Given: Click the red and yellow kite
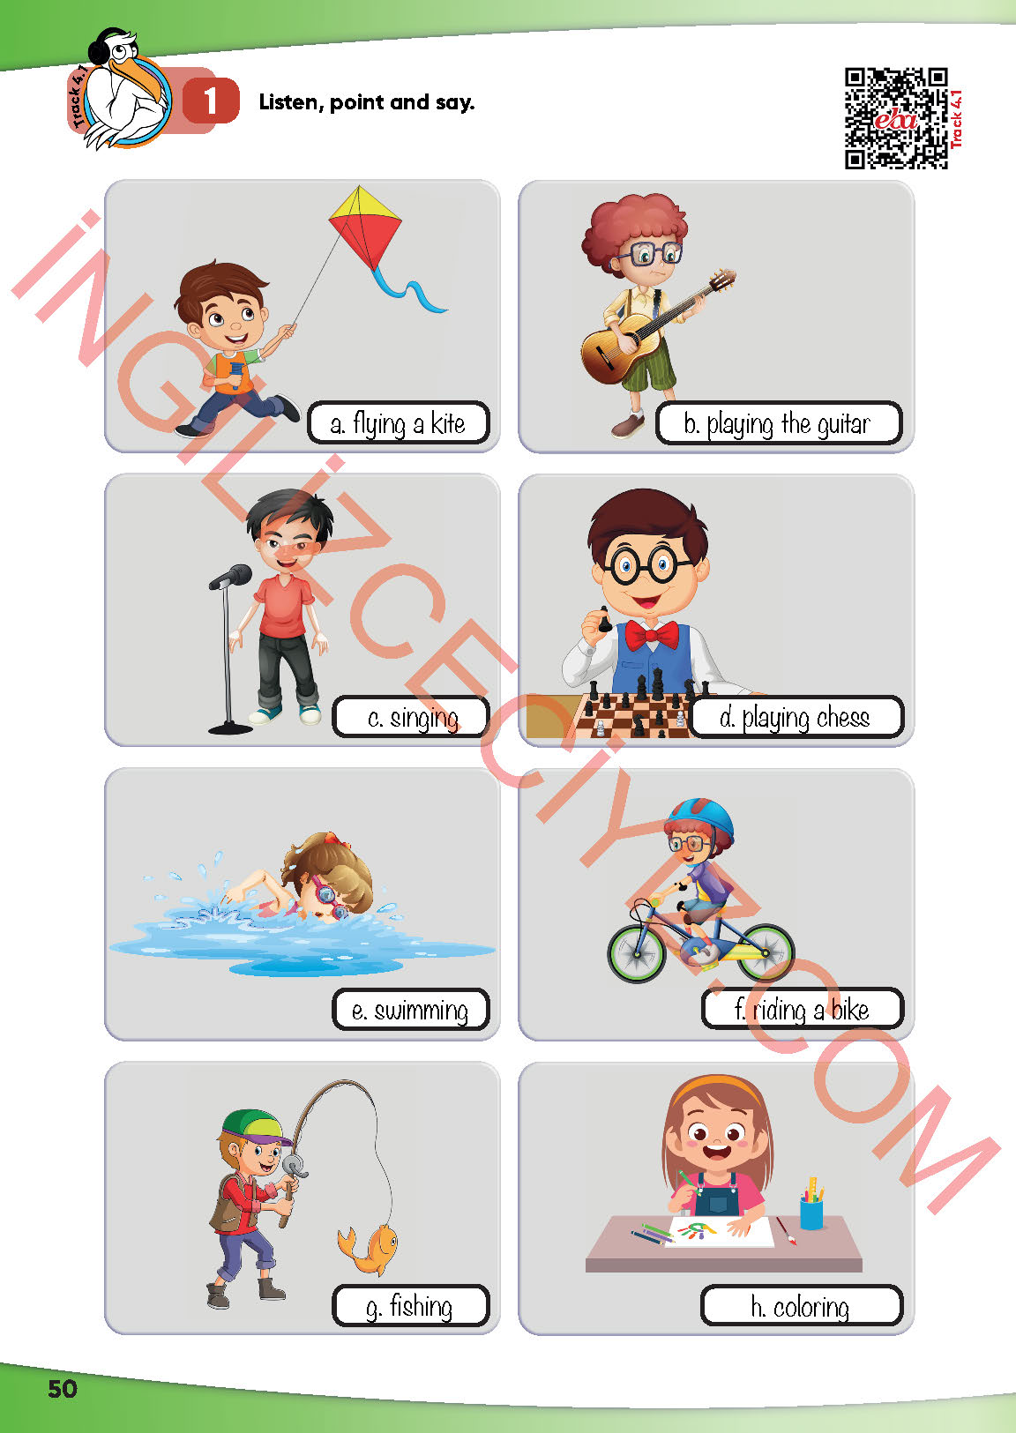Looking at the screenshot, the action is [x=365, y=228].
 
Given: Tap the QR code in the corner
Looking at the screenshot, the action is [x=896, y=118].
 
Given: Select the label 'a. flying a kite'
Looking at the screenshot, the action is [x=398, y=423].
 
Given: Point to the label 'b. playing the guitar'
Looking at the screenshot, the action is [x=779, y=423].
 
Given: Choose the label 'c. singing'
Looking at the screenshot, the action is [x=411, y=717].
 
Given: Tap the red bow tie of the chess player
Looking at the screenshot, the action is [x=651, y=635].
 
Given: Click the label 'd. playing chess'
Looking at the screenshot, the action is [x=796, y=717].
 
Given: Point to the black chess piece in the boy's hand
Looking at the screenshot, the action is [x=604, y=620].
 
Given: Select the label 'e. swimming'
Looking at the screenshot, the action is [x=411, y=1010].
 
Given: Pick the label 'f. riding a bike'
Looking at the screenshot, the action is [x=803, y=1010].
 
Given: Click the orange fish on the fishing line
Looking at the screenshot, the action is [x=369, y=1248].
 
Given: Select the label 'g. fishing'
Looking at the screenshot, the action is [x=411, y=1306].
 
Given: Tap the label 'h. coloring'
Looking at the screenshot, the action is [x=802, y=1306].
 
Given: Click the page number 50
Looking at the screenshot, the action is [x=63, y=1388].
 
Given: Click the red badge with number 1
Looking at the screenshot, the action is [x=211, y=101].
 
